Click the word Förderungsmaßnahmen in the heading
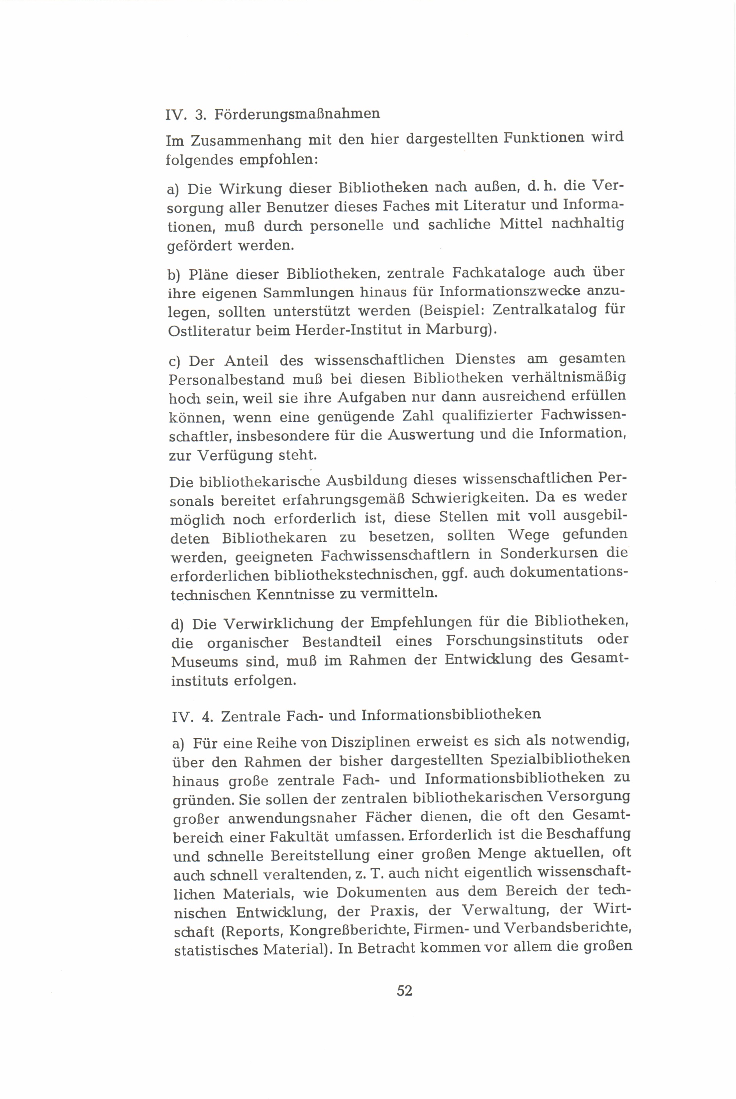297,114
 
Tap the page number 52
405,991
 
